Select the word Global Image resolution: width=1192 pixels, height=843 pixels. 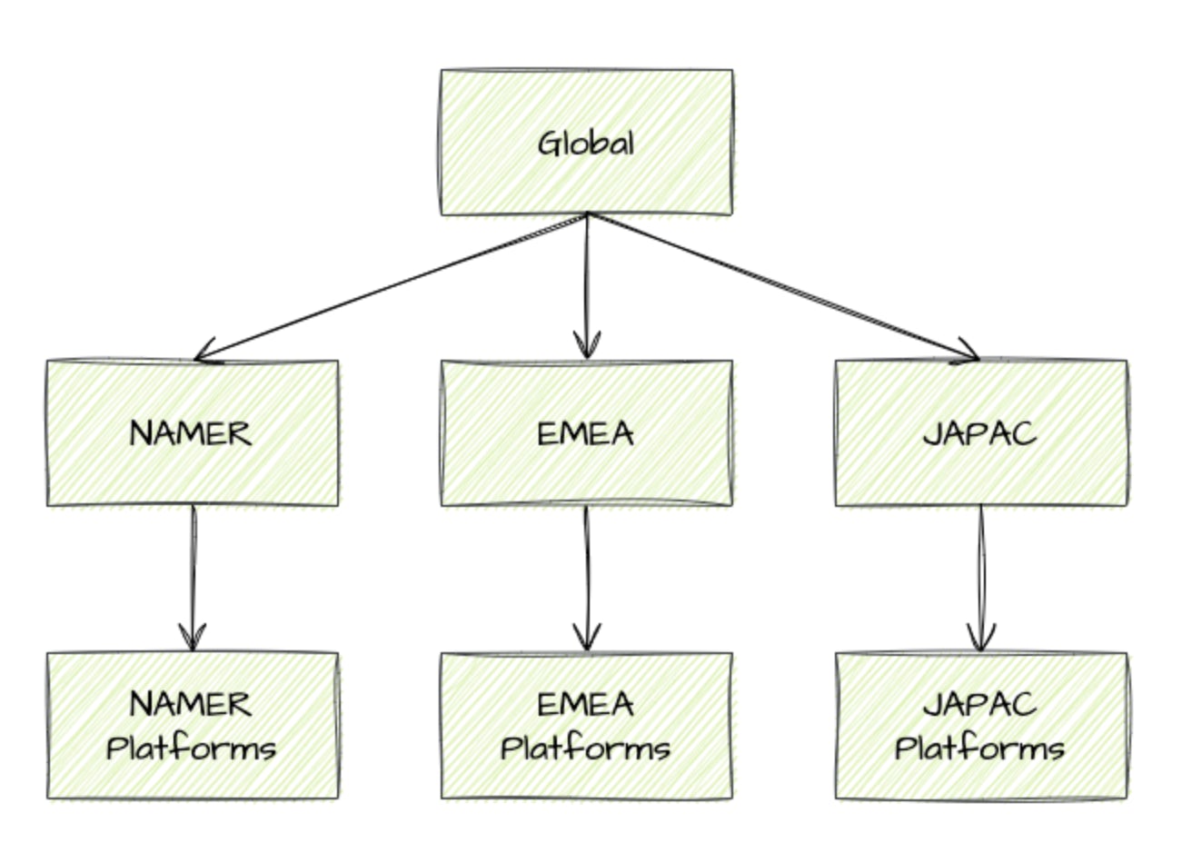[x=586, y=144]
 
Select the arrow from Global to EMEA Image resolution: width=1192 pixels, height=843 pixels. [x=587, y=282]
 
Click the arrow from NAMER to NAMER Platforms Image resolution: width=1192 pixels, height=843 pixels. [x=193, y=572]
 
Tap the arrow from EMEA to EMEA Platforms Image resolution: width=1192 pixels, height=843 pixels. [x=587, y=572]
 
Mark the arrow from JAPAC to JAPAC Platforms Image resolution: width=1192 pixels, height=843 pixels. [x=980, y=572]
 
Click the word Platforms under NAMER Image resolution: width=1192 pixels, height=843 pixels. [x=192, y=749]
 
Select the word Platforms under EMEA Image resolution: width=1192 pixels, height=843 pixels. [x=586, y=749]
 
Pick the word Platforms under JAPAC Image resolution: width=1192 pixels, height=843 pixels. [x=980, y=749]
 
